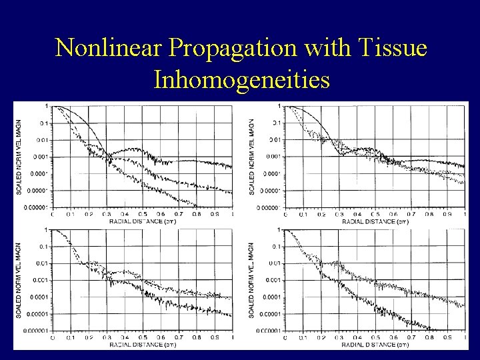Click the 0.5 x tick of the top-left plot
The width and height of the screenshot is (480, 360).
143,215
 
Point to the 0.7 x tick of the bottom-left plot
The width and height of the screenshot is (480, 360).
179,338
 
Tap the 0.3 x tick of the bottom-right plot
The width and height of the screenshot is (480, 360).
339,338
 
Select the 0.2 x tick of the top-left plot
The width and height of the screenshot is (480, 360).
89,215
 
